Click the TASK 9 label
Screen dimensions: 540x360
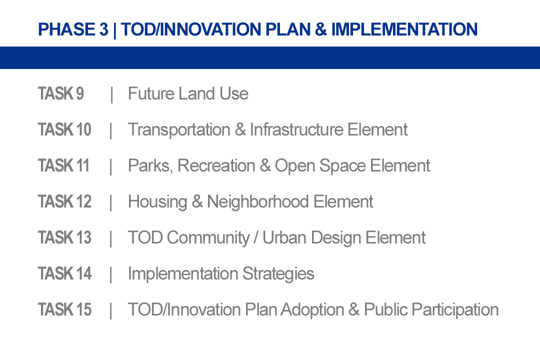[x=60, y=93]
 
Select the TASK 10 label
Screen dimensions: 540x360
[x=64, y=129]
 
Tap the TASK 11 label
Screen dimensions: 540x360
[x=63, y=165]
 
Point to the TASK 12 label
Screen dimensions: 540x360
[x=64, y=201]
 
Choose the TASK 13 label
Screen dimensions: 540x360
[x=64, y=237]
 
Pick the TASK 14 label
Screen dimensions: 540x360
[x=64, y=273]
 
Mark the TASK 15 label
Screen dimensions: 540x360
[x=64, y=309]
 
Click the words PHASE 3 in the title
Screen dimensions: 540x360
[x=73, y=29]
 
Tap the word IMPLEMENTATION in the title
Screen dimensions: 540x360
[x=404, y=29]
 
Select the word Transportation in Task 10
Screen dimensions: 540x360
[x=179, y=130]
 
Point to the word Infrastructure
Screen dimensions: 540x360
[x=296, y=129]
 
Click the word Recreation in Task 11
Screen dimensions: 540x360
[x=216, y=165]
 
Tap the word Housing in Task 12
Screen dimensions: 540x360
[x=157, y=202]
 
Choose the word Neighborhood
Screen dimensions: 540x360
[x=257, y=202]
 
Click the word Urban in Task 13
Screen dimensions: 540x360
[x=284, y=237]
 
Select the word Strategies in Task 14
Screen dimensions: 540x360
[x=278, y=274]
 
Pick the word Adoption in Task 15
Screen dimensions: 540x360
[x=312, y=310]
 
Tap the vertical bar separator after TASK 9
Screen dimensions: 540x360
[x=111, y=94]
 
